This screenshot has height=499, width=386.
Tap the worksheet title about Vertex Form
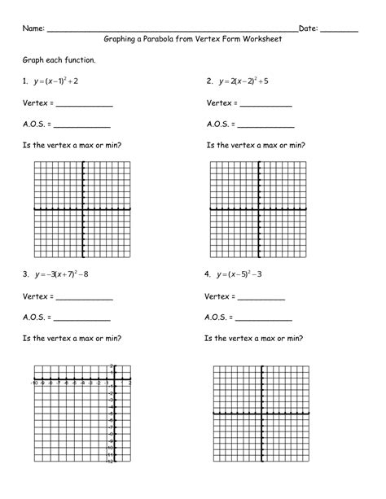pyautogui.click(x=192, y=42)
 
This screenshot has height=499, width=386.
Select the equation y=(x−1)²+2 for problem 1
pyautogui.click(x=58, y=82)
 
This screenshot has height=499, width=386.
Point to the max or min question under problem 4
pyautogui.click(x=254, y=338)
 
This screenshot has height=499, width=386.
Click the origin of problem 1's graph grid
pyautogui.click(x=83, y=209)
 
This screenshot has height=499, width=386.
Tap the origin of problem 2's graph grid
pyautogui.click(x=261, y=209)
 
